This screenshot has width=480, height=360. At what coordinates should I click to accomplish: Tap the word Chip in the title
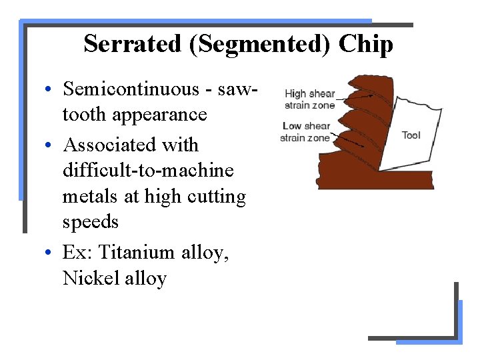pyautogui.click(x=365, y=44)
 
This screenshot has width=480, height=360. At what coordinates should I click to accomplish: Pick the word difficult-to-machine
pyautogui.click(x=148, y=171)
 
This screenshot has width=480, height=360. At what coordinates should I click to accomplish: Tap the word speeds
pyautogui.click(x=91, y=222)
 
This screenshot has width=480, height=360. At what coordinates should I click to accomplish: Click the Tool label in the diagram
pyautogui.click(x=411, y=135)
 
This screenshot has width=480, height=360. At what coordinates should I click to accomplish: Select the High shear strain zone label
pyautogui.click(x=309, y=99)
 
